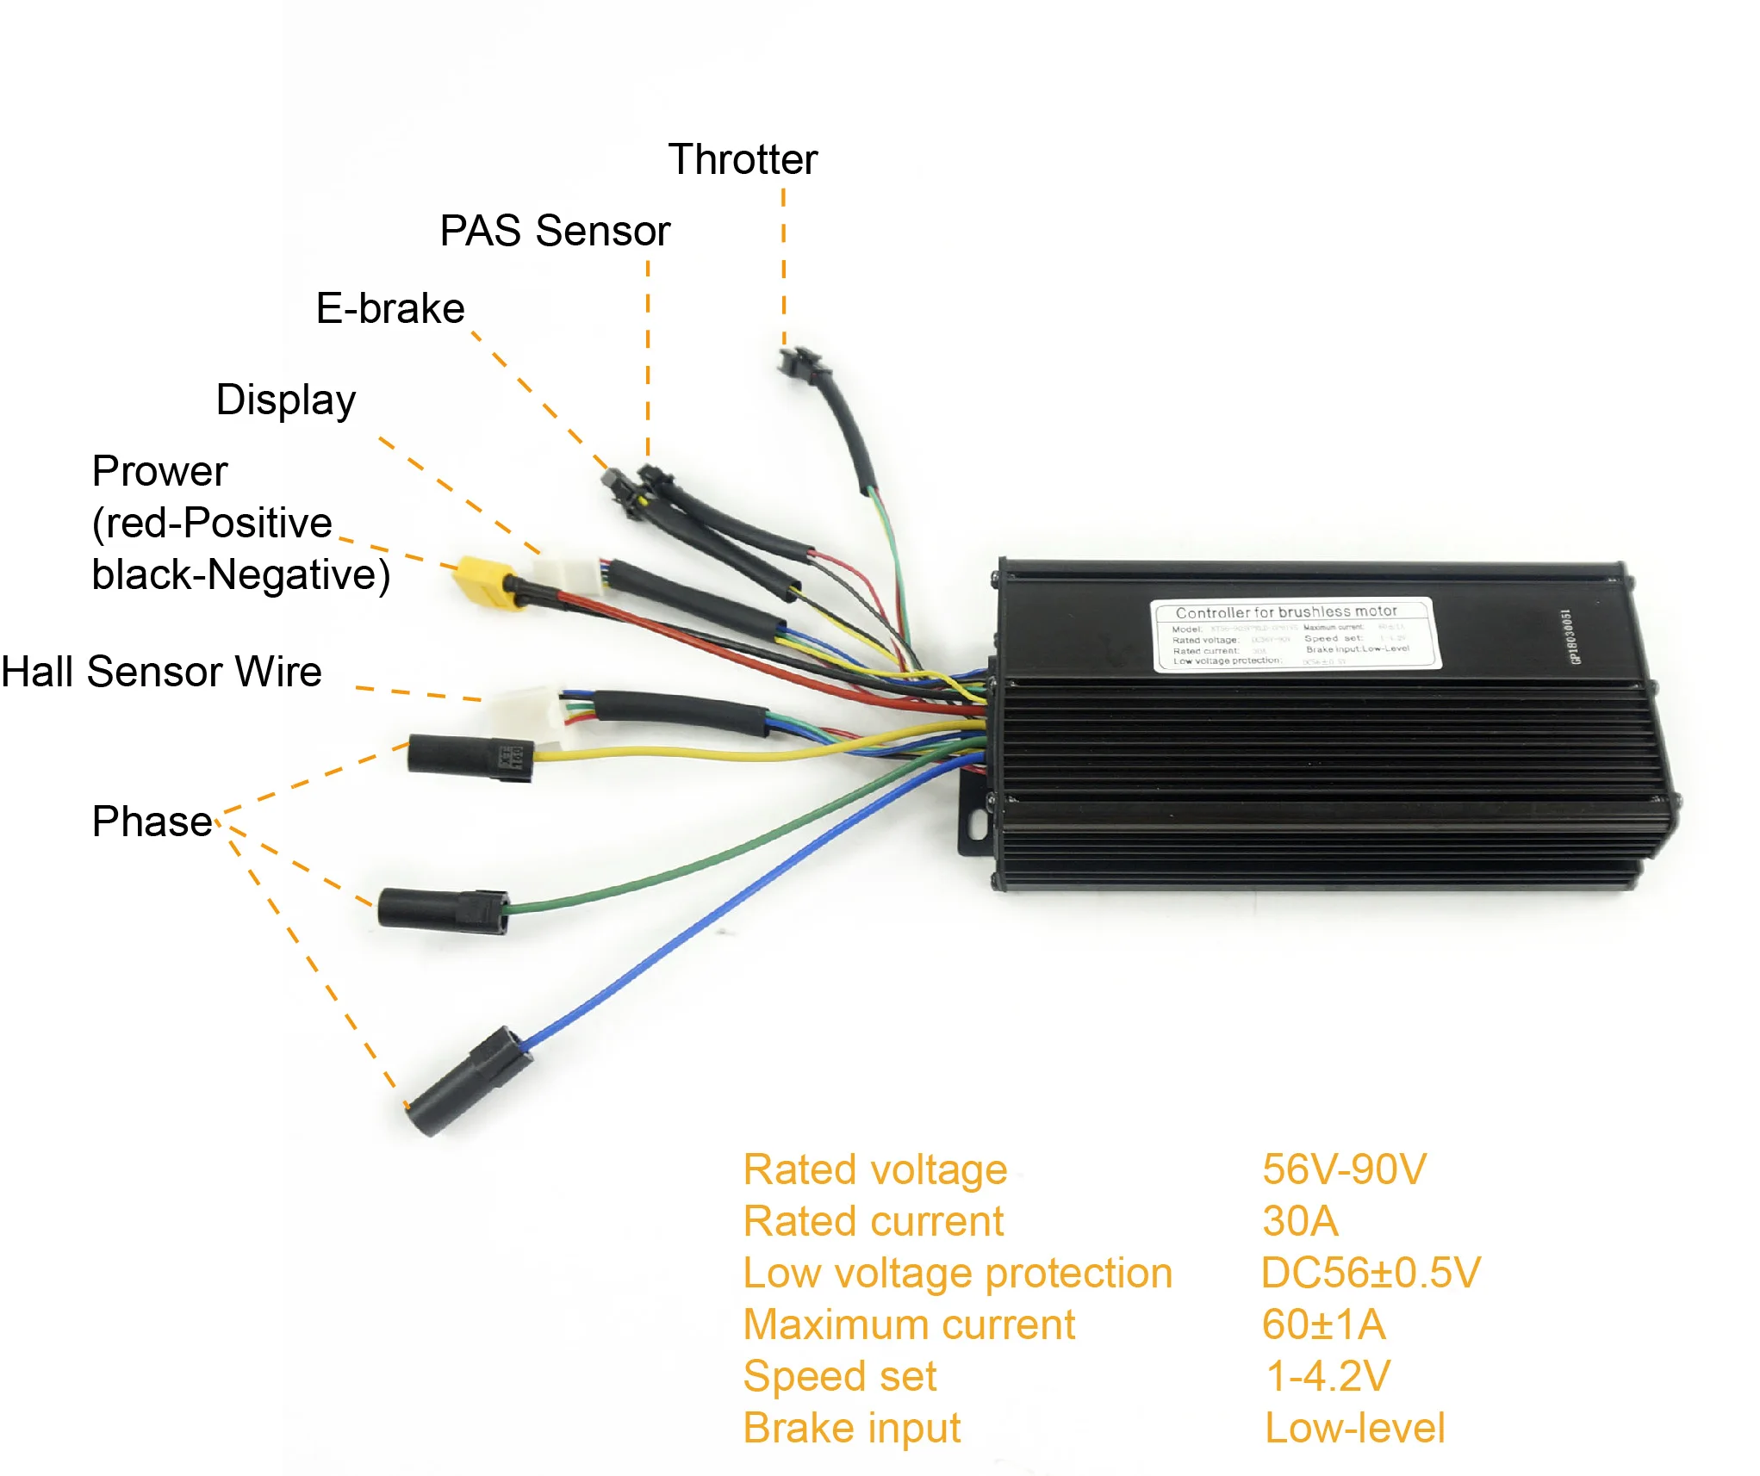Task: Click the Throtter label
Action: coord(743,160)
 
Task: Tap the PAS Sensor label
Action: coord(555,232)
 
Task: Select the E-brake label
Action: coord(390,309)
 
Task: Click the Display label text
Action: coord(285,400)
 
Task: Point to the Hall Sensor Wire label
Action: coord(162,672)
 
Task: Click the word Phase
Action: coord(152,822)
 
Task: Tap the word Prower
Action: coord(159,471)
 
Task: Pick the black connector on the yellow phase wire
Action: coord(470,758)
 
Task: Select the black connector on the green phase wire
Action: coord(442,911)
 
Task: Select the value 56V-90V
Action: coord(1344,1170)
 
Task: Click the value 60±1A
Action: coord(1323,1325)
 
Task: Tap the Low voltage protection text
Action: coord(957,1274)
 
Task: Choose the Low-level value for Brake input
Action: coord(1354,1429)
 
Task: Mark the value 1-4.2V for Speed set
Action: coord(1328,1377)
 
